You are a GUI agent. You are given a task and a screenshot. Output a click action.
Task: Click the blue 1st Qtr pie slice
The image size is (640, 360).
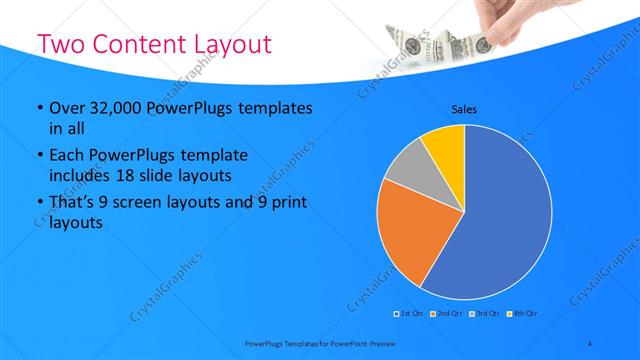pos(505,220)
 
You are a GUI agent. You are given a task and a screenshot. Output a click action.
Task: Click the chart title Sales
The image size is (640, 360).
pos(464,109)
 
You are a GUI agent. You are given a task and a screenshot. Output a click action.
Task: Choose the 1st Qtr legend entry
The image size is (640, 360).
pos(408,313)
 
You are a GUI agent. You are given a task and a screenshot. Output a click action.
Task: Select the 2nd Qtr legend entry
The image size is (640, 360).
pos(446,313)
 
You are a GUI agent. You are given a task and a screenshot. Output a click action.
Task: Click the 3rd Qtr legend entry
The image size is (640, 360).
pos(484,313)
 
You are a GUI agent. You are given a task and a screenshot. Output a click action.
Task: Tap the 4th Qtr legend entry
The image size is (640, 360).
pos(522,313)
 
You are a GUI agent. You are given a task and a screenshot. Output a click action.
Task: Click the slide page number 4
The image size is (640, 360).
pos(590,343)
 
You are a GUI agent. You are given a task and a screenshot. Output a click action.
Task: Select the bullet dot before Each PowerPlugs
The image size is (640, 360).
pos(39,157)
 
